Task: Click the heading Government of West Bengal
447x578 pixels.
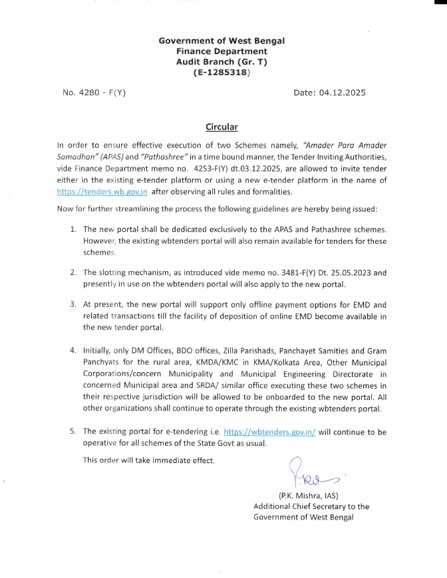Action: (x=222, y=41)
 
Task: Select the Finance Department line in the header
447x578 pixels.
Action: (x=222, y=51)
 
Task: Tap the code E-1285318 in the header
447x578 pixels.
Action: (x=222, y=72)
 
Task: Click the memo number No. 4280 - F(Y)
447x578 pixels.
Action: (x=94, y=93)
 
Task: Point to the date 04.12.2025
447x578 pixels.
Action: (x=343, y=93)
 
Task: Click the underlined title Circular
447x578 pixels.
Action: (x=222, y=127)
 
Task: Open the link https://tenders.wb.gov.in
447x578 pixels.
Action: (x=102, y=192)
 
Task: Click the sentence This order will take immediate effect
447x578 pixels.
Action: (x=149, y=460)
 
